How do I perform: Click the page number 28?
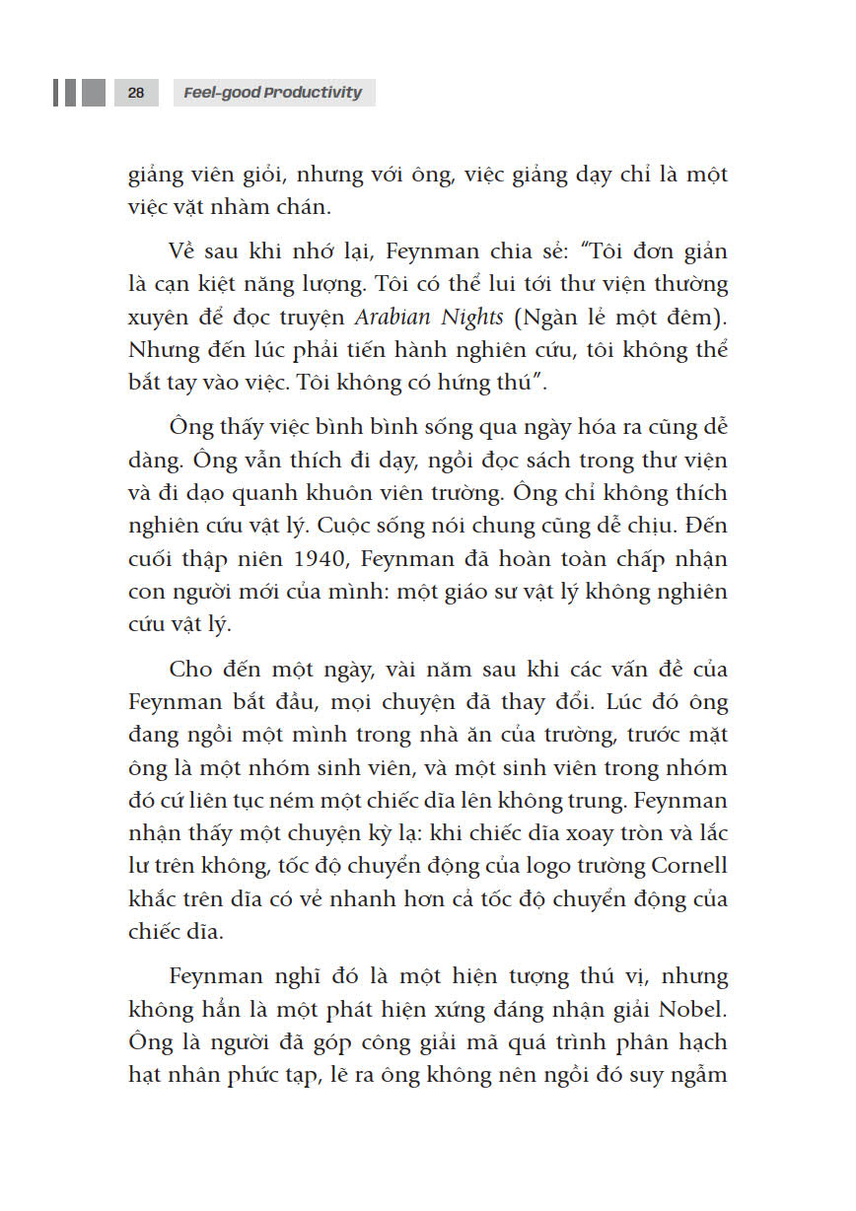tap(136, 93)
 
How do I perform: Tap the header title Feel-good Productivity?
tap(273, 93)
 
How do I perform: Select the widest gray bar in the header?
tap(94, 93)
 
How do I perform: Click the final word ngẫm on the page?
tap(692, 1075)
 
